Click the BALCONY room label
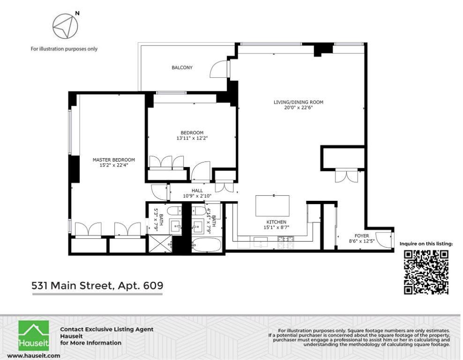pos(182,67)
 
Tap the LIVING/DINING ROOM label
pos(298,102)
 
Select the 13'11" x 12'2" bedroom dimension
pos(192,138)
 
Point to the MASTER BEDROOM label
pos(114,160)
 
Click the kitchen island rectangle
pos(272,206)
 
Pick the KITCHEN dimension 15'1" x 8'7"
pos(276,228)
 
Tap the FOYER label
pos(362,236)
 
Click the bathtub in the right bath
pos(206,245)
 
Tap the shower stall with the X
pos(160,243)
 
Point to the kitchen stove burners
pos(285,242)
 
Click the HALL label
pos(197,191)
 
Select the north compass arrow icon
pos(65,26)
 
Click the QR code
pos(426,272)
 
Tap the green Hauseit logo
pos(34,336)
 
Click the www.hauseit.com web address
pos(33,356)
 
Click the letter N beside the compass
pos(77,13)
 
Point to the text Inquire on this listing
pos(426,244)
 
